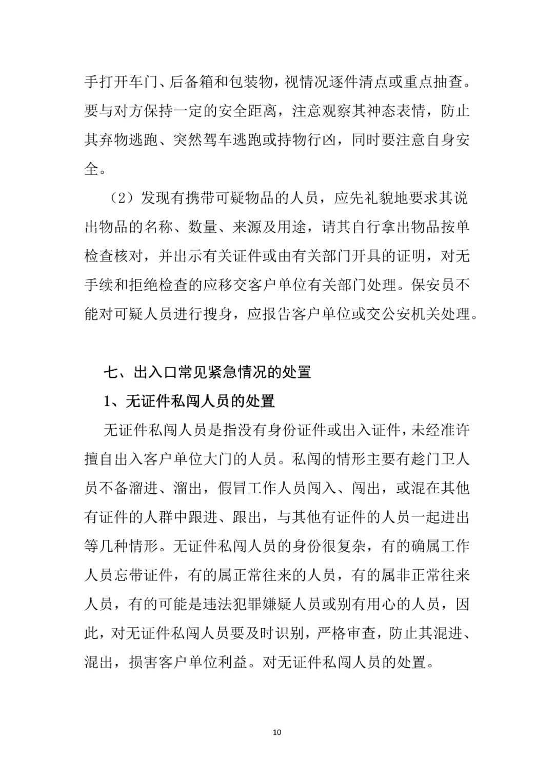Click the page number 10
tap(277, 732)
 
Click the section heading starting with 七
tap(207, 372)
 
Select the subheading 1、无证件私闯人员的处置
tap(189, 400)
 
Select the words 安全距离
tap(248, 111)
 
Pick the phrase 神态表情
tap(396, 111)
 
